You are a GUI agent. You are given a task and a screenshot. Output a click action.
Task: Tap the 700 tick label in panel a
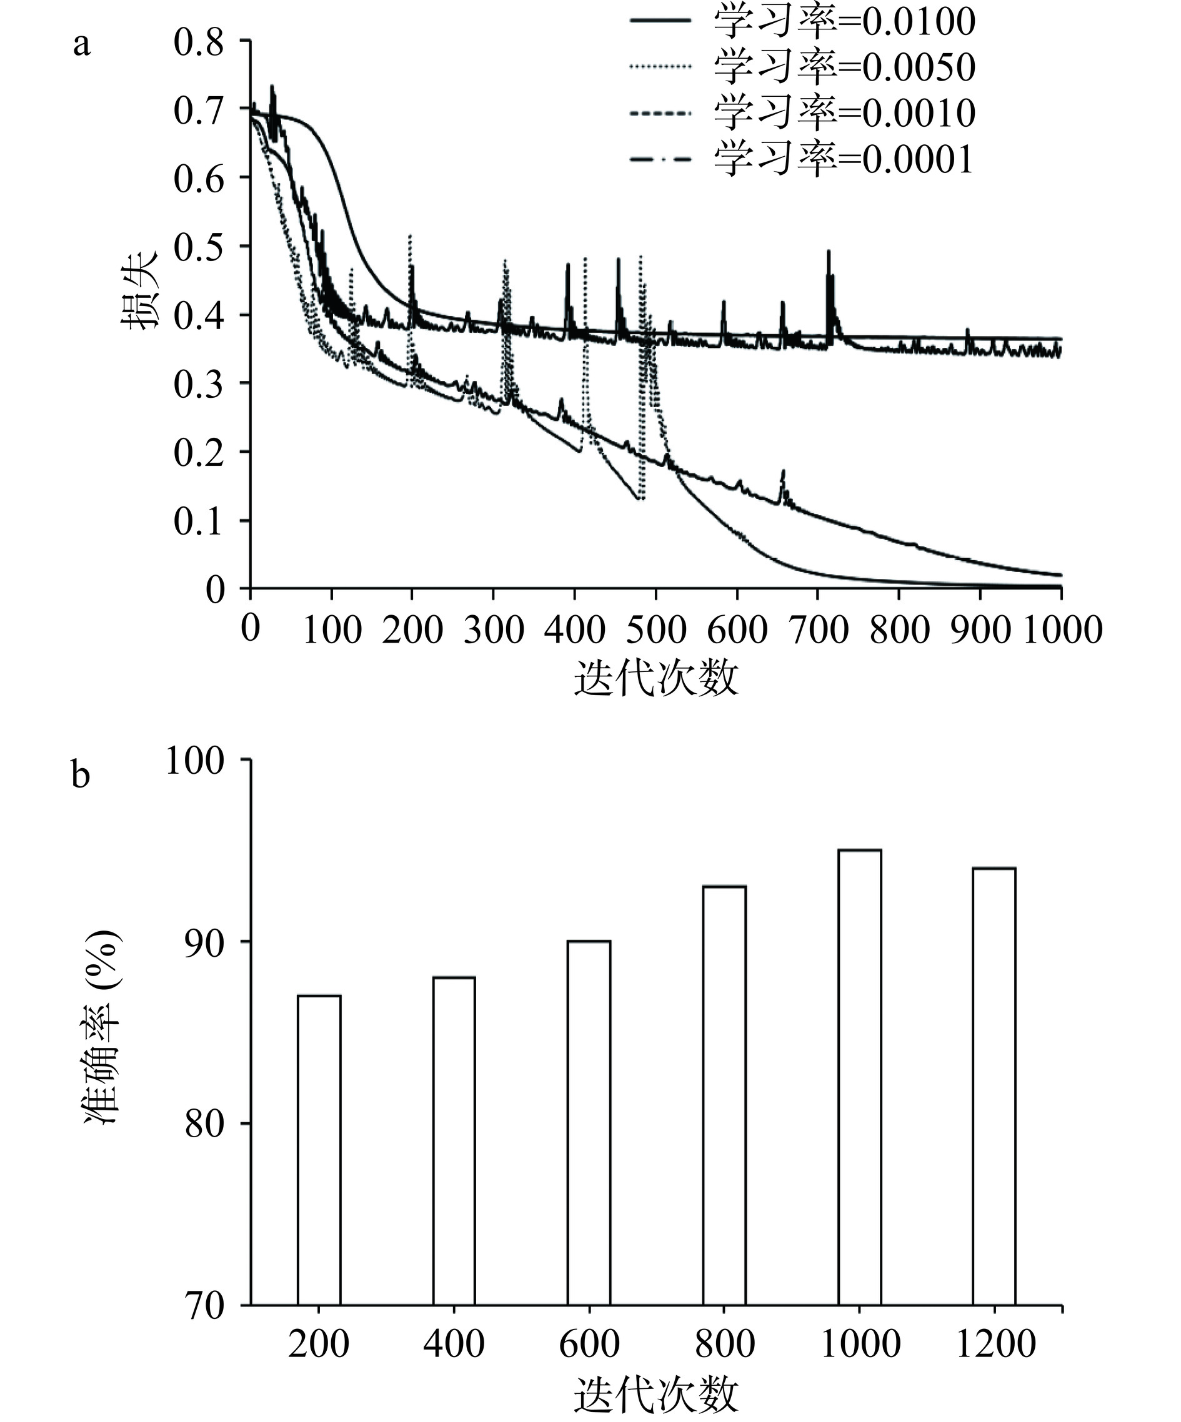[x=818, y=630]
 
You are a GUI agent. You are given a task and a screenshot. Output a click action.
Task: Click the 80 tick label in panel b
[x=204, y=1125]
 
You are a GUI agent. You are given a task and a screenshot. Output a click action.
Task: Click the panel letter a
[x=81, y=46]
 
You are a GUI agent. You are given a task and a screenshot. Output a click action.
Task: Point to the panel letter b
[x=81, y=776]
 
